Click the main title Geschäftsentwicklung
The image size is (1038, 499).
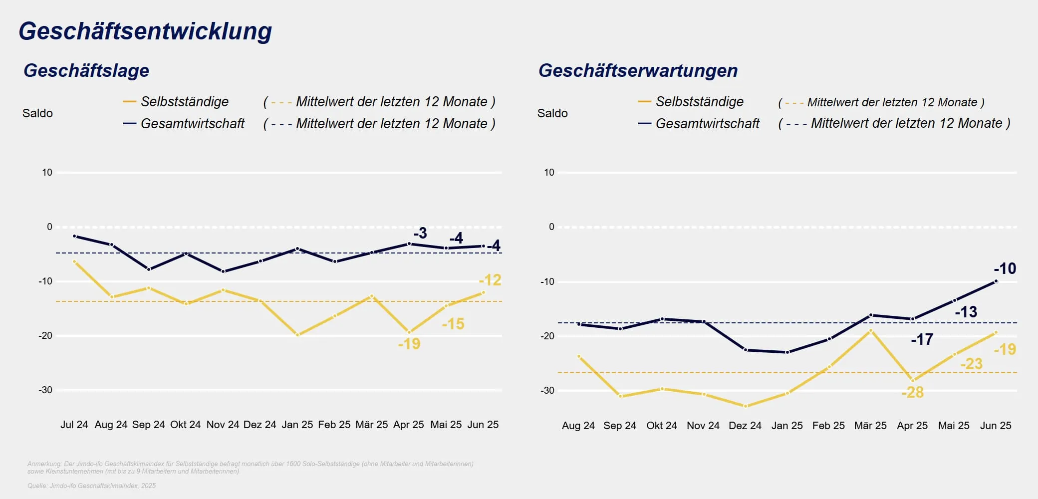[x=145, y=31]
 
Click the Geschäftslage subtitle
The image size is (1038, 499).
[x=86, y=70]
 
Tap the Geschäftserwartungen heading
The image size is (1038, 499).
[x=638, y=70]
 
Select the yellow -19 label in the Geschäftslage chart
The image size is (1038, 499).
[x=409, y=344]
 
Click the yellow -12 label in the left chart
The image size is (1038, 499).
[x=490, y=280]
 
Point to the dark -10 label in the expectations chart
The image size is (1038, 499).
[x=1005, y=268]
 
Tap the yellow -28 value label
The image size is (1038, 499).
[x=913, y=393]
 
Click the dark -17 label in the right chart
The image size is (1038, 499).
[x=922, y=340]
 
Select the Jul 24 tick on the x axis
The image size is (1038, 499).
[x=74, y=425]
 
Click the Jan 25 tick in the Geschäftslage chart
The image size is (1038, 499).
[x=297, y=425]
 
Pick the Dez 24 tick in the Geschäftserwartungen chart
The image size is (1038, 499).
[x=745, y=426]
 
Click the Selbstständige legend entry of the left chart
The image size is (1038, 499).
[x=184, y=102]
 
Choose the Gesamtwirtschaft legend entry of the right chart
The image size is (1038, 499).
[x=707, y=124]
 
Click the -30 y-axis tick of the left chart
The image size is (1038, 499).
[x=45, y=390]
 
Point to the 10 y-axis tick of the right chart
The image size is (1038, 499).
[x=549, y=173]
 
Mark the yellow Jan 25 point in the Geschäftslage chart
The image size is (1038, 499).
[x=297, y=335]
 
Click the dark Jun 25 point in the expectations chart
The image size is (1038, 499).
[x=996, y=281]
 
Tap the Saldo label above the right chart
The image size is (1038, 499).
[x=552, y=113]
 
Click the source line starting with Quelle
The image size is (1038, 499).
[x=91, y=486]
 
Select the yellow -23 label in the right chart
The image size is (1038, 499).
[x=971, y=364]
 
